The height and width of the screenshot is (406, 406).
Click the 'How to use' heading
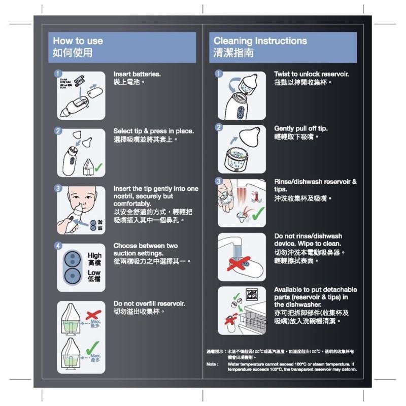[x=78, y=41]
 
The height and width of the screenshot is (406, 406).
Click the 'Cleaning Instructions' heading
[x=260, y=41]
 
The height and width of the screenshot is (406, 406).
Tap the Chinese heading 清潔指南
[x=233, y=53]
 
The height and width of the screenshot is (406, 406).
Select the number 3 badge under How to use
[x=59, y=189]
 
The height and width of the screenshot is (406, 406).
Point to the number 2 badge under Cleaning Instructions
[x=219, y=127]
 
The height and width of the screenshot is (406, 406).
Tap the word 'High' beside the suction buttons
[x=94, y=255]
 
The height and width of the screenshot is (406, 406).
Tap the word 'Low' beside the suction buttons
[x=94, y=273]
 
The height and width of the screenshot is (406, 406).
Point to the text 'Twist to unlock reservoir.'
[x=311, y=74]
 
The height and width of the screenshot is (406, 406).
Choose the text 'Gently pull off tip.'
[x=300, y=128]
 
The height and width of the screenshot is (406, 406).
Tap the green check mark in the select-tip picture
[x=98, y=166]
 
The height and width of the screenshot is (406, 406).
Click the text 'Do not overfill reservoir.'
[x=148, y=303]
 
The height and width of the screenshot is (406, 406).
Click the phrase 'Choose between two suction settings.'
[x=146, y=249]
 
